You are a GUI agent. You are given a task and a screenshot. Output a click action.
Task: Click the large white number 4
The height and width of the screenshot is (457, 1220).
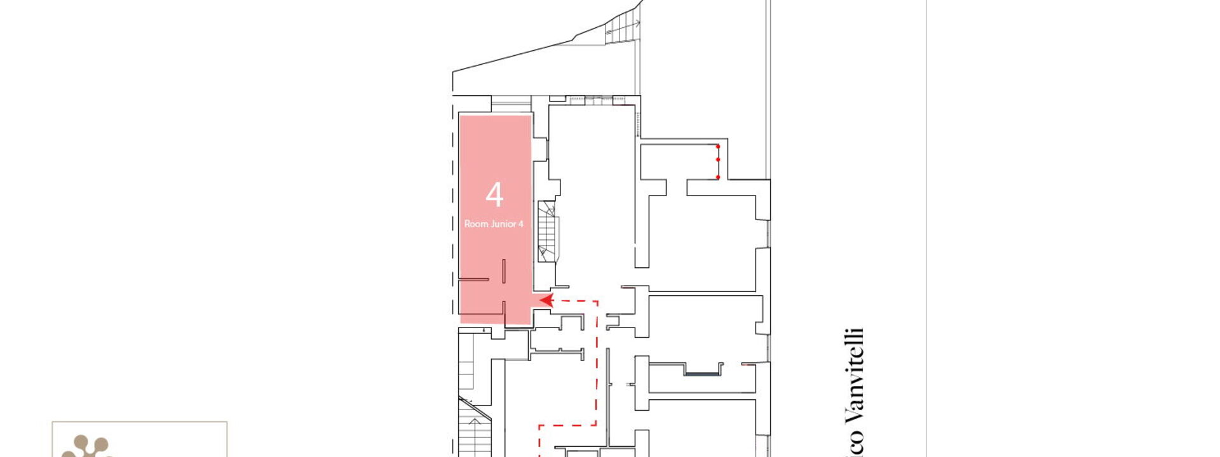coord(494,195)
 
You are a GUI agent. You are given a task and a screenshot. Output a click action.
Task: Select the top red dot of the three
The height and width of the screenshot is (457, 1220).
coord(718,147)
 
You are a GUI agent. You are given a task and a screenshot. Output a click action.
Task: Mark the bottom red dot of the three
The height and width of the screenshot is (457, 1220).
coord(718,177)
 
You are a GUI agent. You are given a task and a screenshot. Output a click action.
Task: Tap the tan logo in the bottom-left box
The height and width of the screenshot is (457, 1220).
coord(86,446)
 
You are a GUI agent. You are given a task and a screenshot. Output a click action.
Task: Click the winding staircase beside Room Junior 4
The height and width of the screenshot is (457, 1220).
coord(547,231)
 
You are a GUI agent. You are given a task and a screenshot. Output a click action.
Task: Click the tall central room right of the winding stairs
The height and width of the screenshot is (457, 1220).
coord(591,190)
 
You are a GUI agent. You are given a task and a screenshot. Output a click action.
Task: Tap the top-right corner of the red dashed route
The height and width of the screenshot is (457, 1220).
coord(597,301)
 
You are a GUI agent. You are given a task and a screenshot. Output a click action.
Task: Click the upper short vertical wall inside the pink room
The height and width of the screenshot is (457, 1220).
coord(504,271)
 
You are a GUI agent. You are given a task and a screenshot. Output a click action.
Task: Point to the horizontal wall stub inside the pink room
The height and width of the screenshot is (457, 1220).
coord(474,279)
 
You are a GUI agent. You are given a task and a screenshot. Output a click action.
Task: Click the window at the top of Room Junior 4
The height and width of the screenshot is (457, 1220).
coord(511,104)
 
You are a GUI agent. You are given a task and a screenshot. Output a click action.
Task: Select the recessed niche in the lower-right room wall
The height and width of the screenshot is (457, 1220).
coord(703,369)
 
